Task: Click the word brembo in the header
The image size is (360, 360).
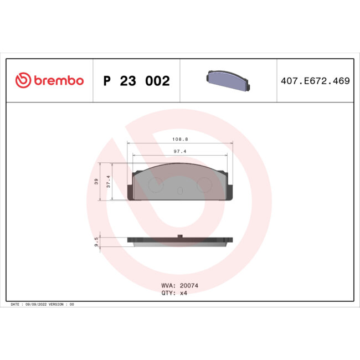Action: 58,81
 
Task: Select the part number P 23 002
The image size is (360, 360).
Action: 136,81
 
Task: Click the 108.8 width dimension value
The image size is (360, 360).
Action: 180,140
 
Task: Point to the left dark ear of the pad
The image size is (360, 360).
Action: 131,192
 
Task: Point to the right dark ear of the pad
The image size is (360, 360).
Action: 229,192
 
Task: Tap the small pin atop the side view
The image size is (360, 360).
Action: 180,237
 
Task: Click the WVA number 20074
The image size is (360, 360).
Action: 188,286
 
